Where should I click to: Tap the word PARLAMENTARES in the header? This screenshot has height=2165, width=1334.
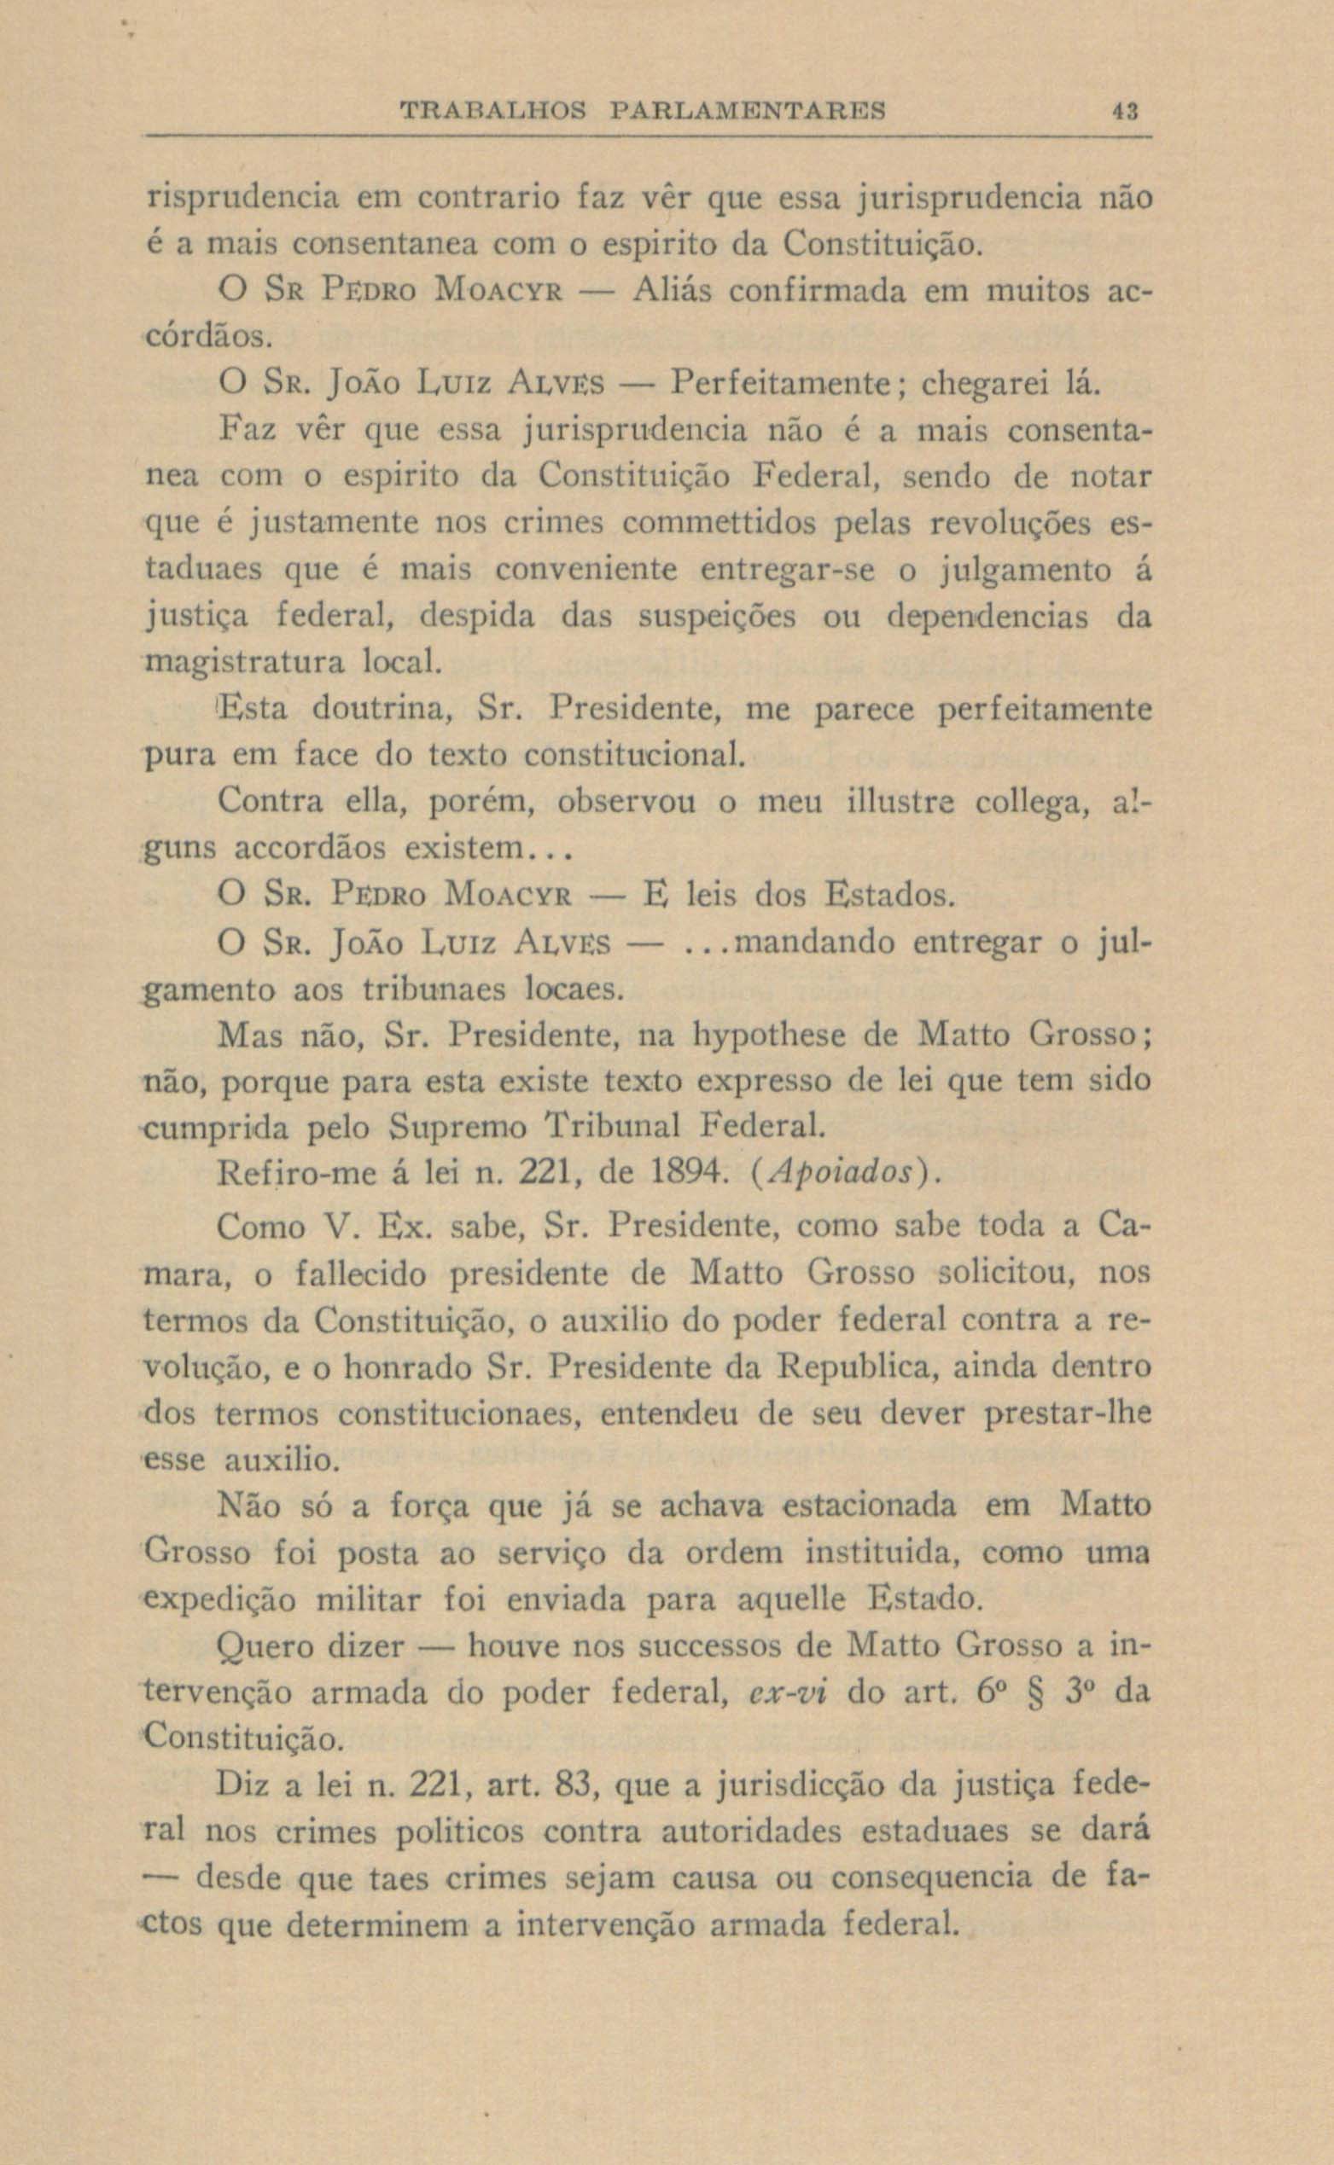click(x=748, y=112)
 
